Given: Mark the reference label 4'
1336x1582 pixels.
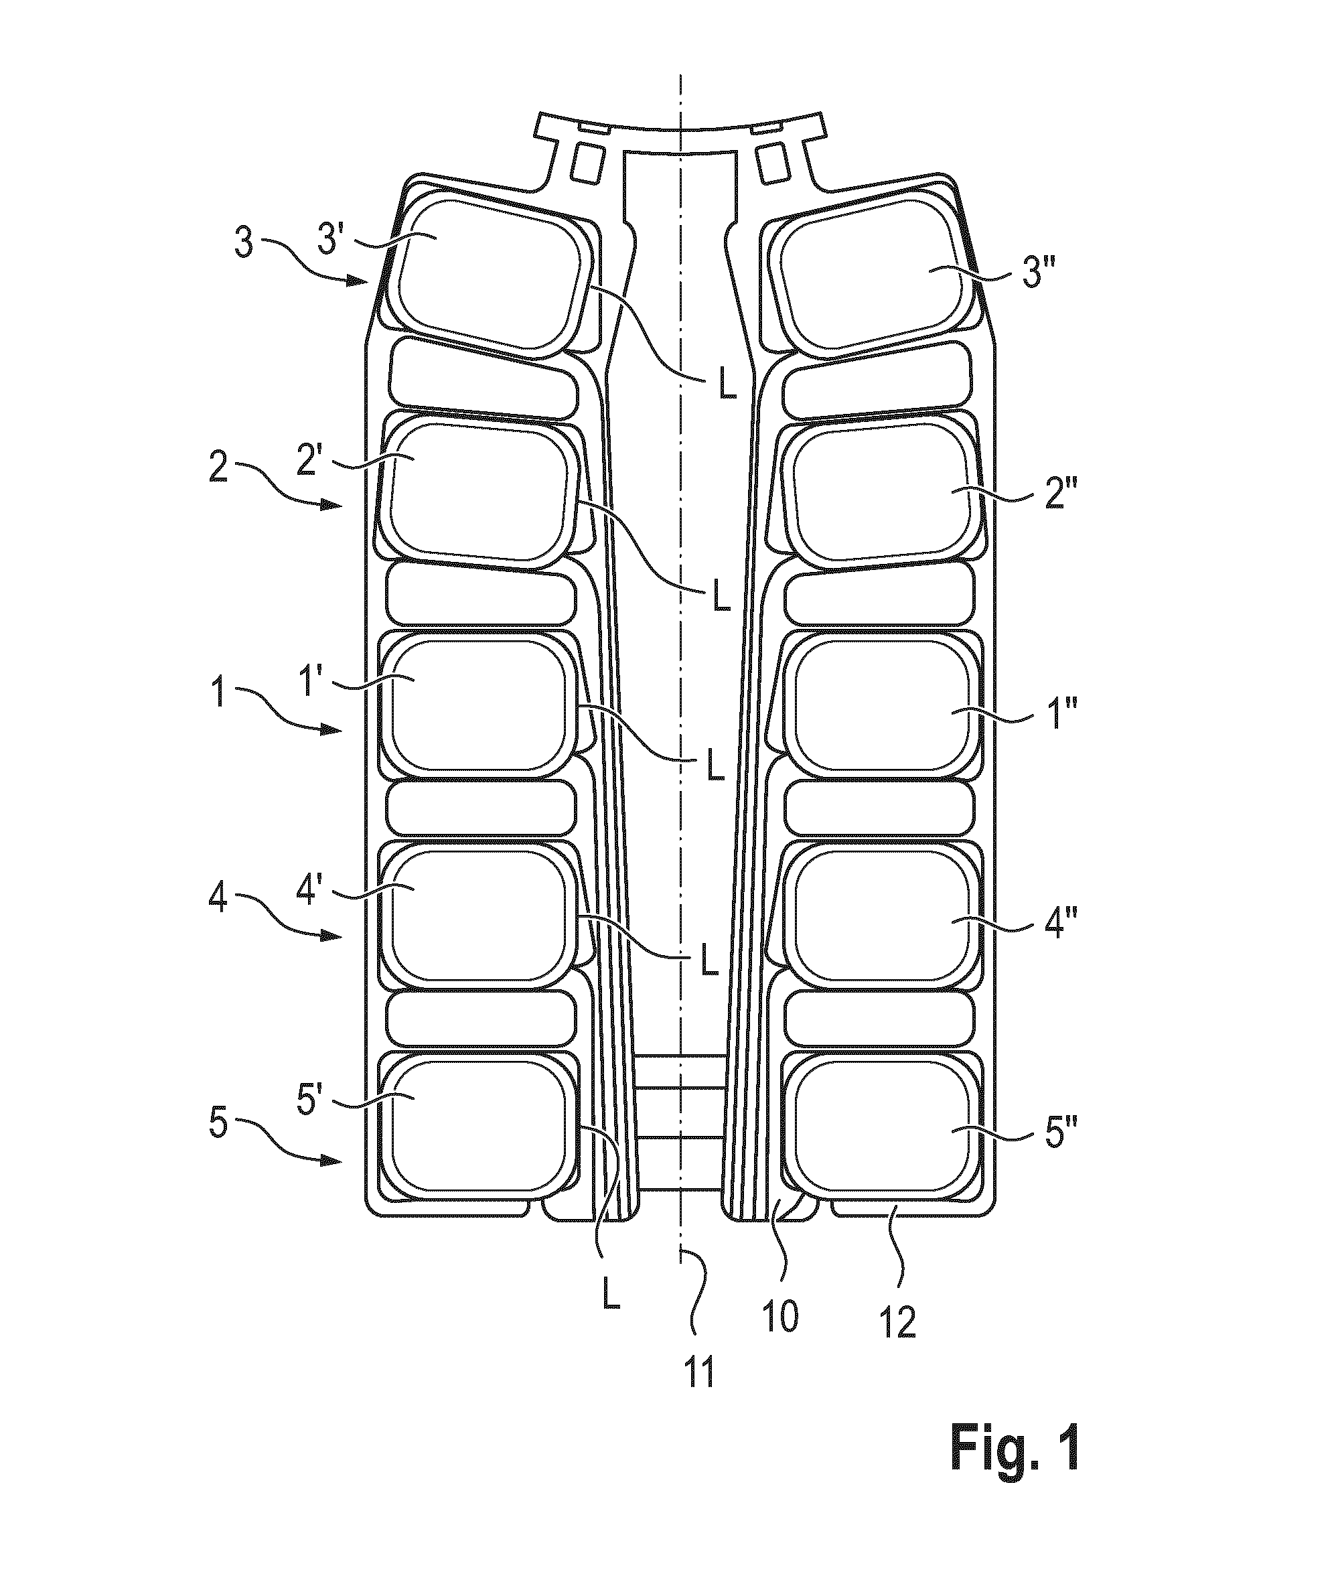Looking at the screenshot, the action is (x=311, y=891).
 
